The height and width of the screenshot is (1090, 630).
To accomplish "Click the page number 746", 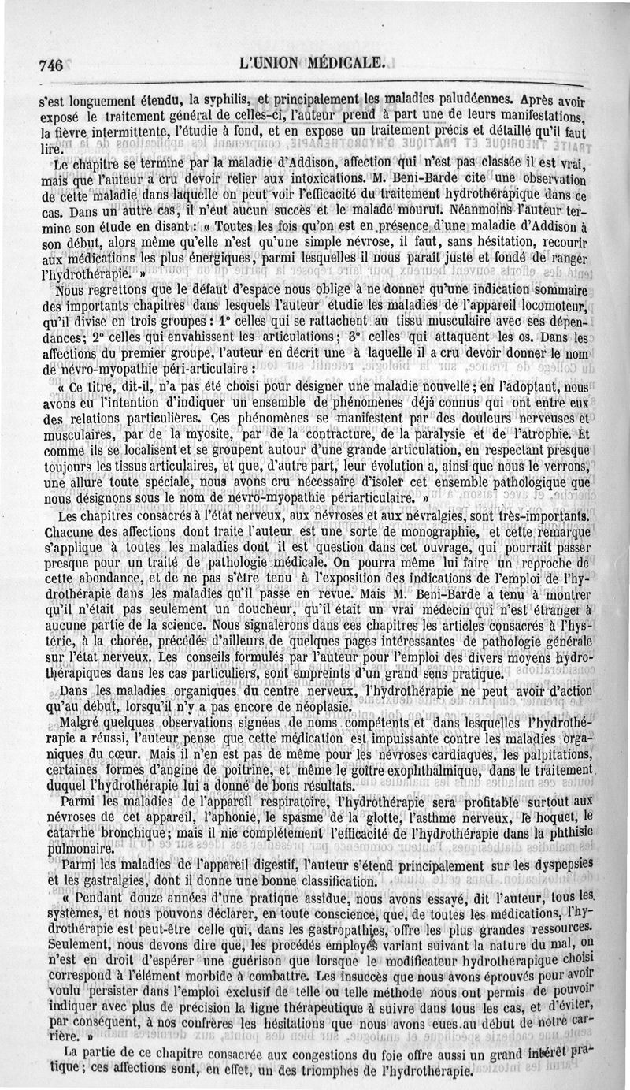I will [50, 65].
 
